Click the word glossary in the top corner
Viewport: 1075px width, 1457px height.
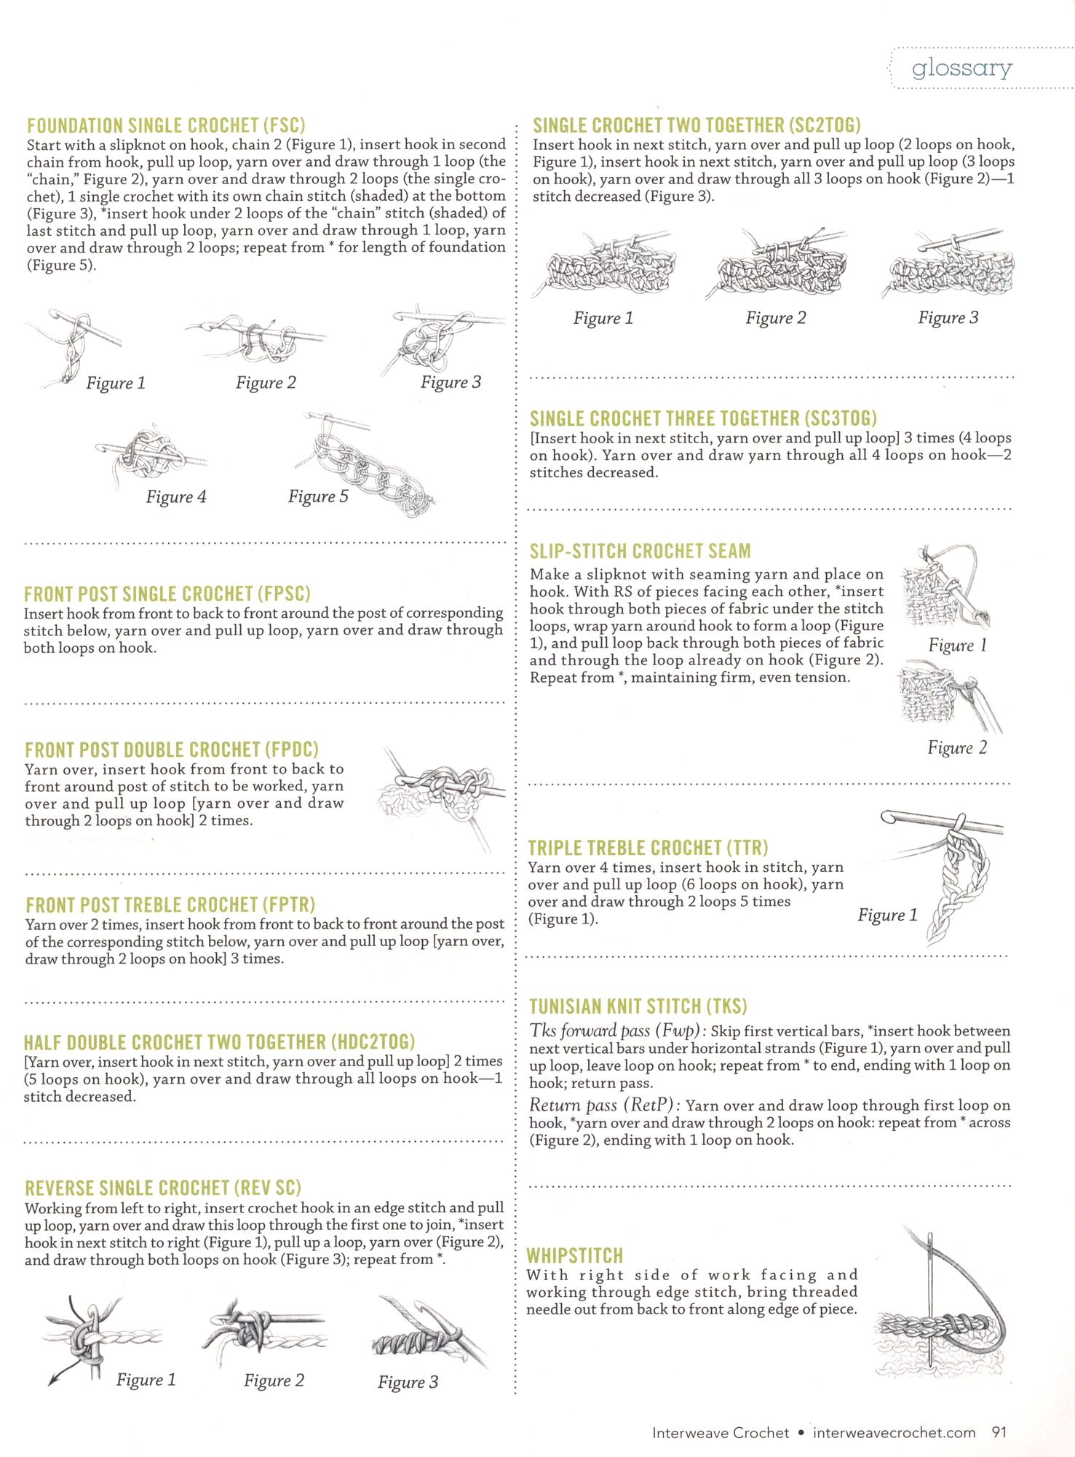tap(961, 68)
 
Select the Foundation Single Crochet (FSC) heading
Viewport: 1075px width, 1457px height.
tap(166, 126)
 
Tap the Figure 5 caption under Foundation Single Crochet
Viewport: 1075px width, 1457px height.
tap(318, 496)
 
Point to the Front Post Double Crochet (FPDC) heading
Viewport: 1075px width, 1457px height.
tap(172, 750)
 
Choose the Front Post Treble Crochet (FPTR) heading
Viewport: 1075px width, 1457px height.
tap(170, 905)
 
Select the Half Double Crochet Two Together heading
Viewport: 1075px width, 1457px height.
tap(219, 1042)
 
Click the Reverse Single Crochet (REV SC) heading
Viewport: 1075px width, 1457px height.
tap(163, 1188)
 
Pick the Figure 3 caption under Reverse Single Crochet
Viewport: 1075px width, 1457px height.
tap(408, 1382)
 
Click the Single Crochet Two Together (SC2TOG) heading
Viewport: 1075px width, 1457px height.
tap(697, 126)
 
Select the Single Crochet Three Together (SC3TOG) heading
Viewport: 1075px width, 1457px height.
tap(703, 419)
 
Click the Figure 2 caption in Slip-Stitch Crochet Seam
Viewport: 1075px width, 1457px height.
tap(957, 748)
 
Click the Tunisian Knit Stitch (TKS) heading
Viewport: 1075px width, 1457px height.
tap(638, 1007)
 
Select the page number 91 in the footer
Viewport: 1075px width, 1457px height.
tap(999, 1432)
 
